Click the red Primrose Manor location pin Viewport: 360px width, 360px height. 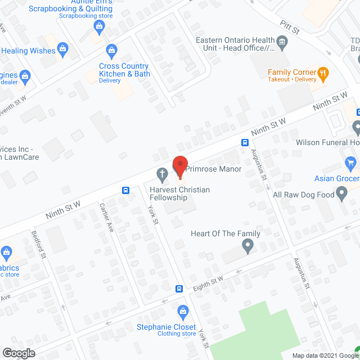pyautogui.click(x=179, y=166)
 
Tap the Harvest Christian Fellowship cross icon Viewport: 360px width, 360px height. pyautogui.click(x=162, y=174)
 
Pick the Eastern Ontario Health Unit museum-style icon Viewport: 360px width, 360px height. pyautogui.click(x=282, y=40)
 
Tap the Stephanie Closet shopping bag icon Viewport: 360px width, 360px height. pyautogui.click(x=182, y=310)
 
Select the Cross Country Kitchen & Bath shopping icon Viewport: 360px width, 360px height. pyautogui.click(x=111, y=52)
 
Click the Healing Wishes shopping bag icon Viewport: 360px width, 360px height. pyautogui.click(x=62, y=49)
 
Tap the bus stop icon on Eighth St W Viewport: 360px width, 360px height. pyautogui.click(x=179, y=289)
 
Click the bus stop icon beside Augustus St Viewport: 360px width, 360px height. pyautogui.click(x=245, y=142)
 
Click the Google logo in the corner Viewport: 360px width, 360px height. pyautogui.click(x=19, y=353)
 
